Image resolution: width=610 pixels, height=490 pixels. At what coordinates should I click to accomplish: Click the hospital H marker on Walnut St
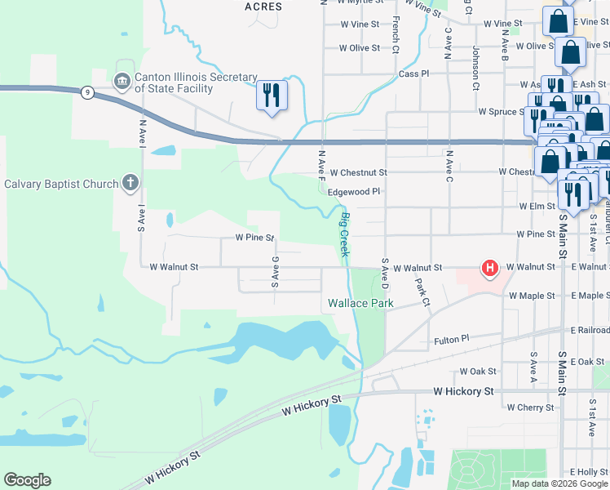(x=490, y=268)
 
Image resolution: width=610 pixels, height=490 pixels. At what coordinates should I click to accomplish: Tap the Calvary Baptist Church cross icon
(x=130, y=183)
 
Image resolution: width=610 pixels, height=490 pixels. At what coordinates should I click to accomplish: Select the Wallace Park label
(x=360, y=303)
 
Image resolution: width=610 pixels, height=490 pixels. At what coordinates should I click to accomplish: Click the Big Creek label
(x=345, y=235)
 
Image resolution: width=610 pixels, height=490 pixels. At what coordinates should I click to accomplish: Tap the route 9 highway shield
(x=86, y=93)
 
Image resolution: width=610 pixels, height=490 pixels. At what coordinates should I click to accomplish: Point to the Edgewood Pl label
(x=354, y=191)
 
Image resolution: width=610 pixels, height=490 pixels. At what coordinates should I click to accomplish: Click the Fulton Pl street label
(x=452, y=339)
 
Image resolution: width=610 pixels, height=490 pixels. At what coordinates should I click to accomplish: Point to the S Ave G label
(x=276, y=272)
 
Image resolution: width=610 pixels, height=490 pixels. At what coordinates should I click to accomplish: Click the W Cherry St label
(x=530, y=407)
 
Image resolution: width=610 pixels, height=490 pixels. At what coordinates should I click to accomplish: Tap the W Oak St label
(x=478, y=371)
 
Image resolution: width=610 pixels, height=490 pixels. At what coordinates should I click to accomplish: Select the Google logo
(x=27, y=480)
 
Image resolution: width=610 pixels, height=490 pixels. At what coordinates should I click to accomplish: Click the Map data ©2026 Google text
(x=559, y=483)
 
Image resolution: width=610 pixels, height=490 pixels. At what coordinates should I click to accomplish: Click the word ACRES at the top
(x=263, y=7)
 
